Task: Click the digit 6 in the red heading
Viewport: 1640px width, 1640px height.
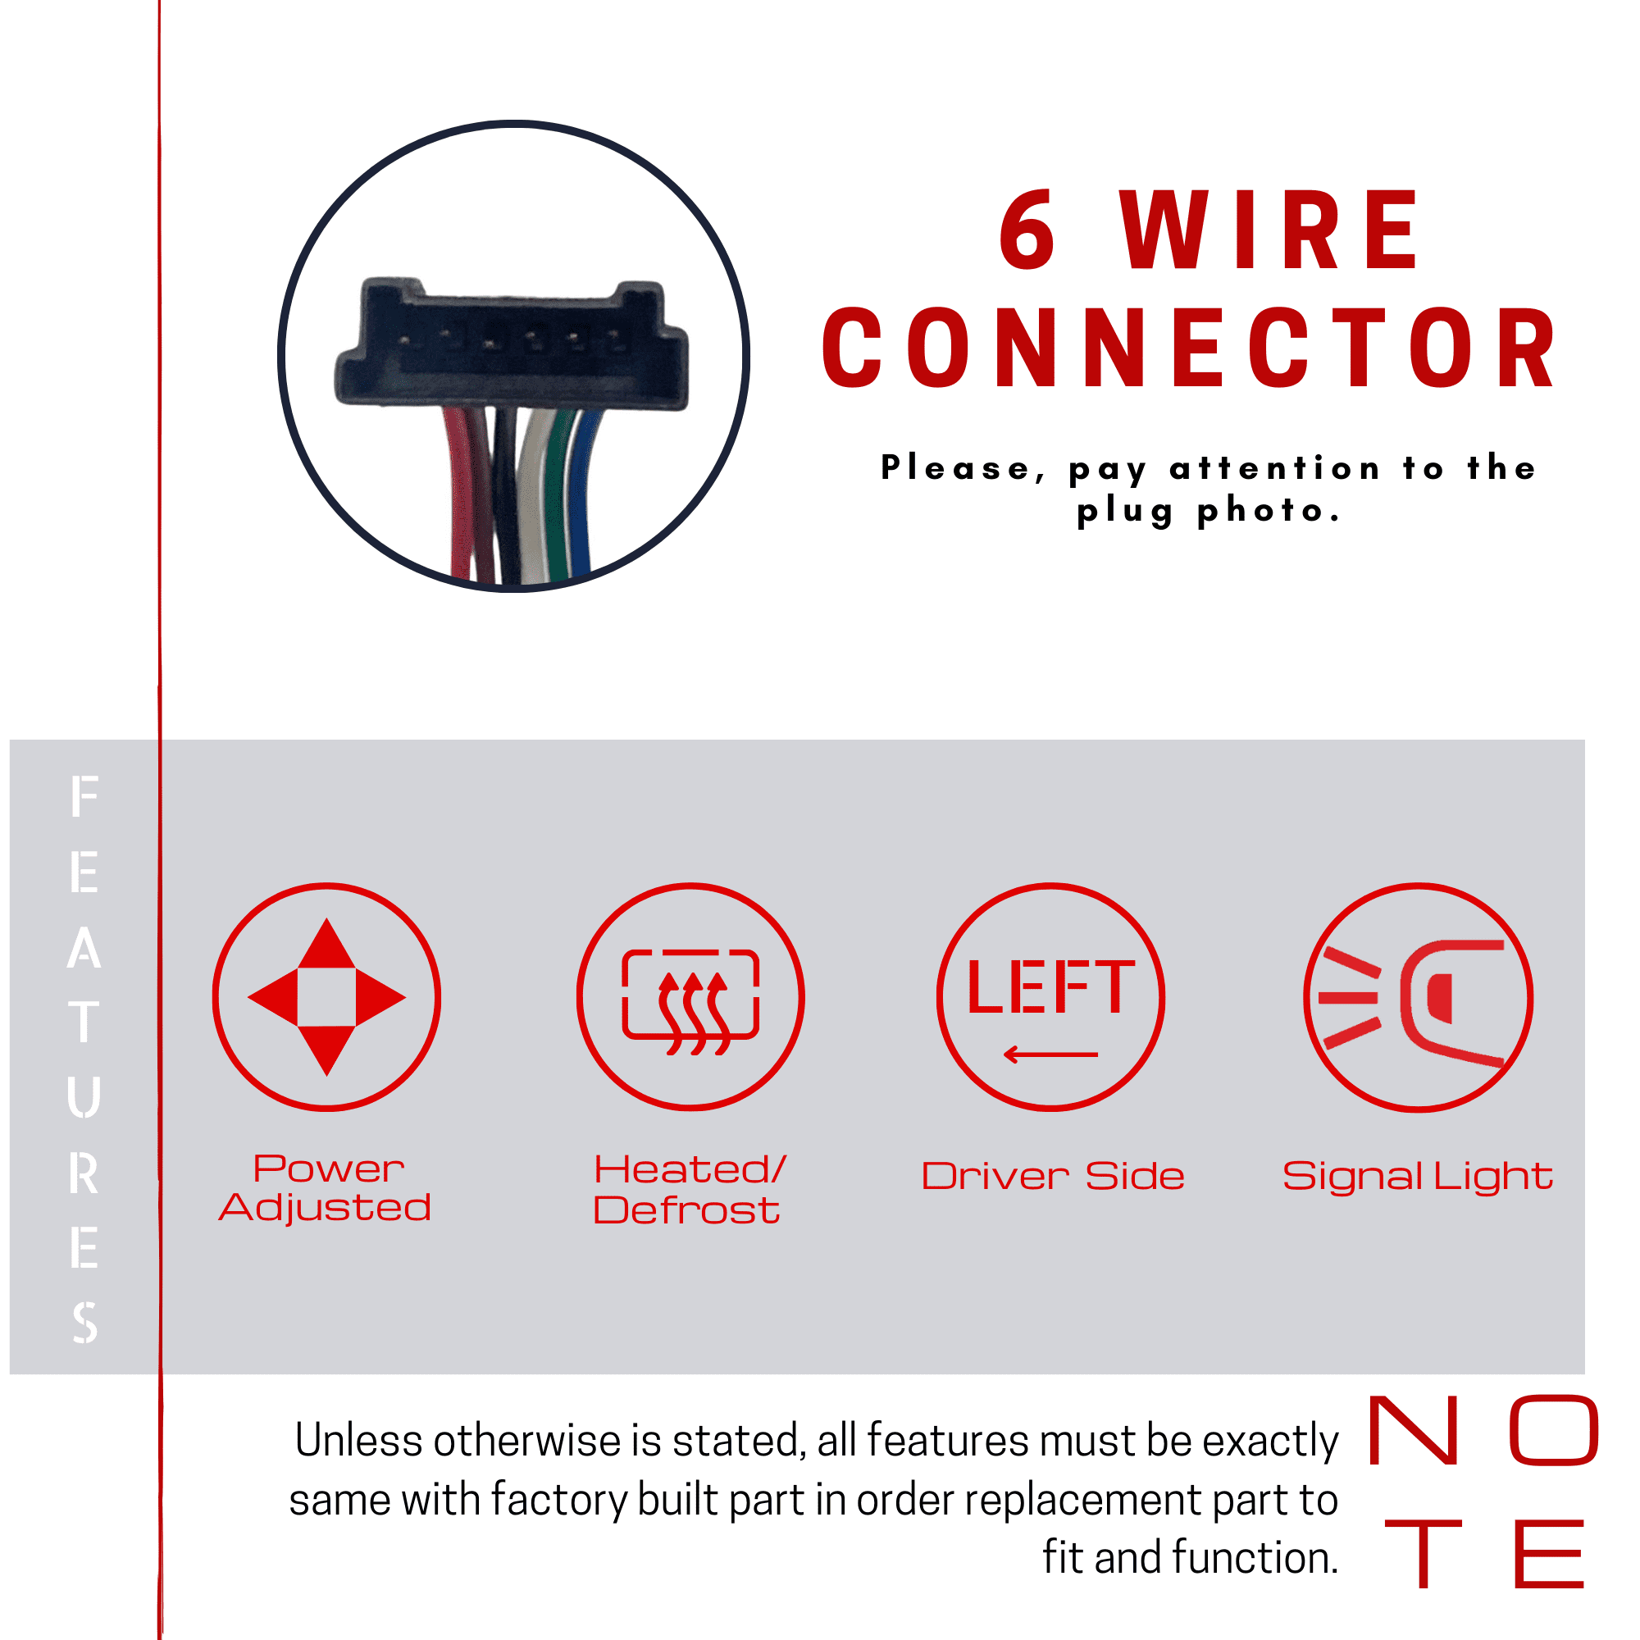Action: [x=1027, y=230]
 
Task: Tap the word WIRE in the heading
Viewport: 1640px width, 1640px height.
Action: [x=1269, y=230]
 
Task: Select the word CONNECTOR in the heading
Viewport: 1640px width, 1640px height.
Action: [x=1188, y=348]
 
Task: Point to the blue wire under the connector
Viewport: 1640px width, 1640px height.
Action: [x=580, y=492]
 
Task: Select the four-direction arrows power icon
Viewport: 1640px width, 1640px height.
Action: [x=327, y=996]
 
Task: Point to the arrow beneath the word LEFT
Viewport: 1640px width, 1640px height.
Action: [x=1050, y=1055]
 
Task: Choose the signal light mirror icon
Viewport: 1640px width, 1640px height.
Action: [x=1419, y=996]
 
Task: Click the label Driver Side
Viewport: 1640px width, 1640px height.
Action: [x=1054, y=1177]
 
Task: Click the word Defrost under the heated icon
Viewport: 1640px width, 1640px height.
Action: [x=686, y=1210]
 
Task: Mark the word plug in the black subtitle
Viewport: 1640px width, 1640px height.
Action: [x=1126, y=512]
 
